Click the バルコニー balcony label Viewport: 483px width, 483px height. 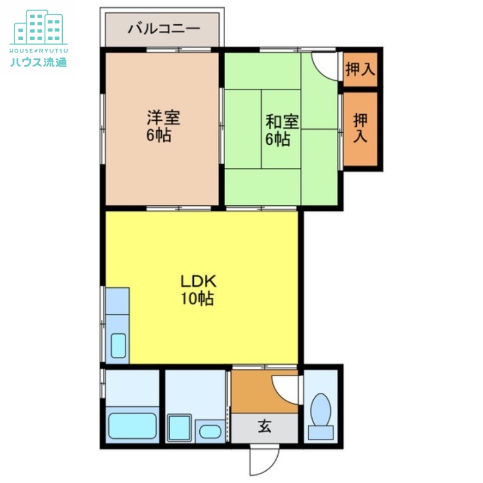(164, 28)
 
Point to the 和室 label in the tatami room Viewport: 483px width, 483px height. (282, 121)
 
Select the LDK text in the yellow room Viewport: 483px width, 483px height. (198, 281)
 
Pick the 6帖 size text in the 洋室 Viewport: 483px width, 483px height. (158, 135)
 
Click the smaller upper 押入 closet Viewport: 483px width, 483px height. (360, 69)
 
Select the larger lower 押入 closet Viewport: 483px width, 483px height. (360, 128)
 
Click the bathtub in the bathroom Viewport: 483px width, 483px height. (132, 426)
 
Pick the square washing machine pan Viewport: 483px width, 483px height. (179, 427)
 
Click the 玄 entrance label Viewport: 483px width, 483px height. (264, 426)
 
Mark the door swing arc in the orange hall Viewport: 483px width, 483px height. (286, 390)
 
